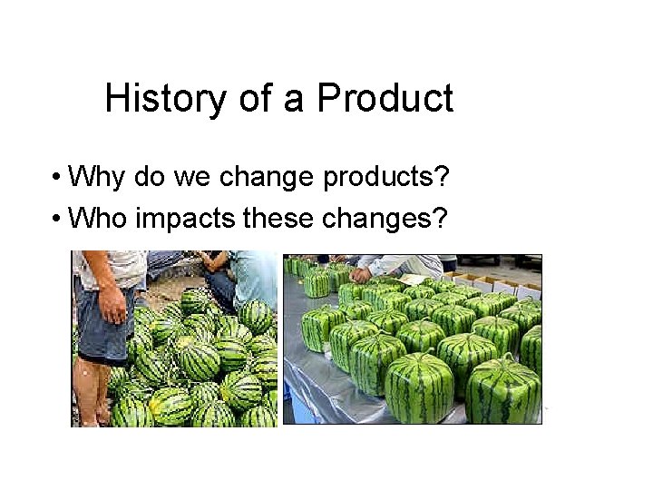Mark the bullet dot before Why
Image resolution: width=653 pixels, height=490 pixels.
coord(57,177)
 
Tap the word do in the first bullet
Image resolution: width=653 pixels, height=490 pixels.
coord(149,177)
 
